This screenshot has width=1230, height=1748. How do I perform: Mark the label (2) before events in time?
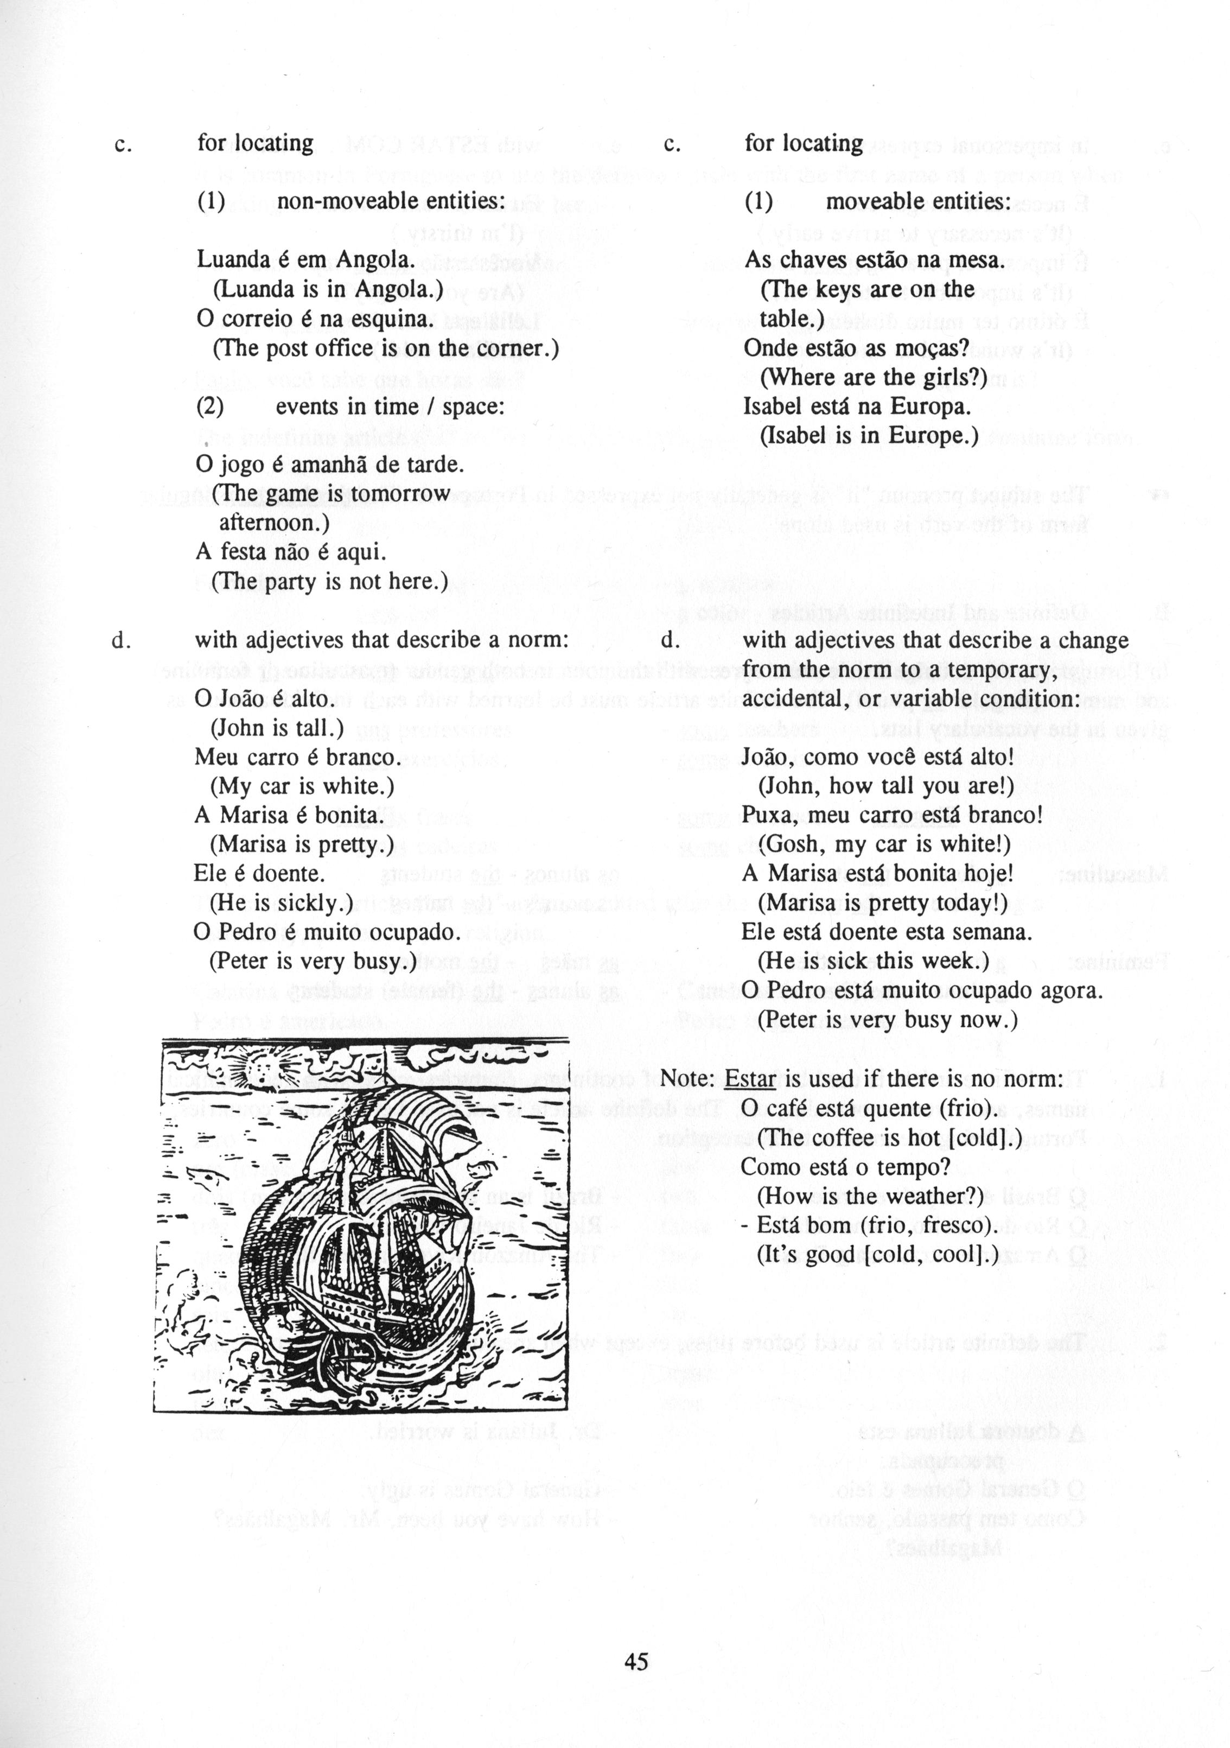(x=210, y=406)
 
